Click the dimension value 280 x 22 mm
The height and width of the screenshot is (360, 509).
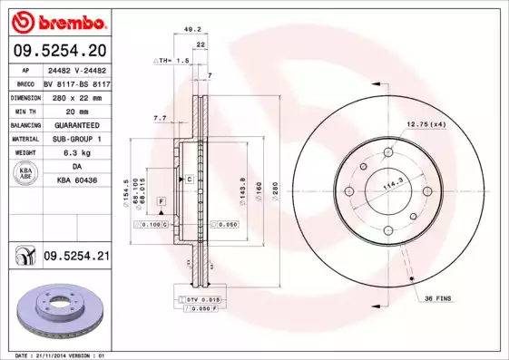click(75, 97)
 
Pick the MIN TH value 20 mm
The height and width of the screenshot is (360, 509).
click(75, 111)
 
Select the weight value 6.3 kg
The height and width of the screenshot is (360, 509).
click(75, 152)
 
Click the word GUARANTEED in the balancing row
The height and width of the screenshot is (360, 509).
click(76, 124)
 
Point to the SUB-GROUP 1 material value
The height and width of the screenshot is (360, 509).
click(76, 139)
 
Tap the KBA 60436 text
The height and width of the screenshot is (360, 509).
click(76, 181)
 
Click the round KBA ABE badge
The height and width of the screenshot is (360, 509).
click(24, 174)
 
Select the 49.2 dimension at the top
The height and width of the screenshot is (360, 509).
click(193, 28)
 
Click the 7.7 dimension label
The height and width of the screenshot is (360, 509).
click(160, 117)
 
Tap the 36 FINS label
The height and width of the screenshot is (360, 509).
click(437, 298)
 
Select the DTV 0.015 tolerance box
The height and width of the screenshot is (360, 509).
click(202, 297)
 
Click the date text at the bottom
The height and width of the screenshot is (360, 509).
click(54, 355)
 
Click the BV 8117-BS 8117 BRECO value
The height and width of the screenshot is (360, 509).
click(76, 83)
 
